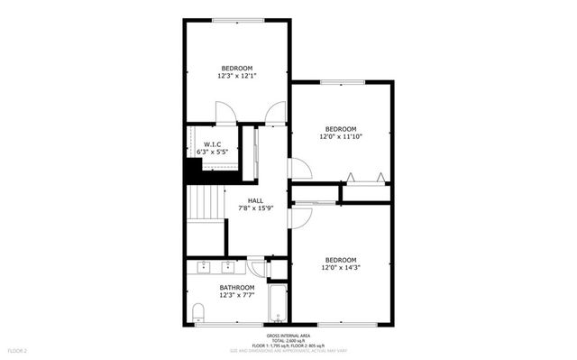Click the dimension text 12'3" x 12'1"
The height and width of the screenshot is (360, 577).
[x=236, y=77]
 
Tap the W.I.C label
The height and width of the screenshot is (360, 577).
[x=213, y=144]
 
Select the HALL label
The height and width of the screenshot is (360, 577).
[x=256, y=200]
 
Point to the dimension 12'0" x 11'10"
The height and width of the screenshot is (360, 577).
[x=342, y=136]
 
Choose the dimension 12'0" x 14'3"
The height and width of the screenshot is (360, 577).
[x=341, y=267]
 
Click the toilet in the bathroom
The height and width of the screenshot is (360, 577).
[x=197, y=313]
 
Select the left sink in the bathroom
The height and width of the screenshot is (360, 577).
[x=203, y=266]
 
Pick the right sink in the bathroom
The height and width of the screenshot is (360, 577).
[x=228, y=266]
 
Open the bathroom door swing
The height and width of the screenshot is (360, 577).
[x=257, y=268]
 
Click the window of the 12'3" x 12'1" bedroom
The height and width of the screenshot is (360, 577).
[x=238, y=20]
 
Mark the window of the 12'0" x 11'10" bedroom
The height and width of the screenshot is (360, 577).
[x=343, y=82]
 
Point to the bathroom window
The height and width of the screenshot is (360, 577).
[x=215, y=324]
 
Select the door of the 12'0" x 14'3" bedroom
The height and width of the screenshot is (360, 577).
[x=298, y=217]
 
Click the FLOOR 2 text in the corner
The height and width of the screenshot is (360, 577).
[x=18, y=349]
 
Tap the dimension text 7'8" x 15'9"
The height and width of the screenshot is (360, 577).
[x=256, y=209]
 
